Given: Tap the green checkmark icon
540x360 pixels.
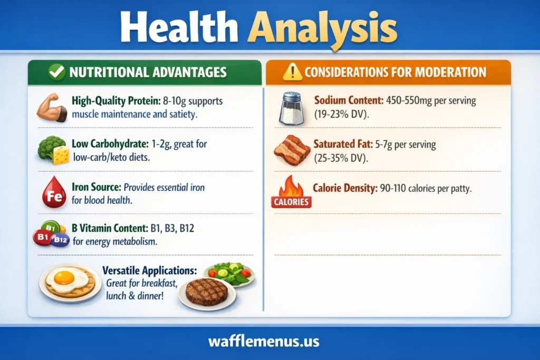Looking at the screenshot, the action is point(57,72).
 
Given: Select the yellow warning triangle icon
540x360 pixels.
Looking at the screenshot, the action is point(292,72).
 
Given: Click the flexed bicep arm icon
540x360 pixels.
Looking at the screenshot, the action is point(52,108).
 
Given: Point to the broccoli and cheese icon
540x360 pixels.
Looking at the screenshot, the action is point(53,150).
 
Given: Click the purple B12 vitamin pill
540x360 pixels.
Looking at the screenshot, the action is point(61,239).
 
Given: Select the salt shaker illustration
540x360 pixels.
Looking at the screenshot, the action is point(291,108).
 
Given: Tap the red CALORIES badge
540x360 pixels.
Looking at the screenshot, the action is point(291,202).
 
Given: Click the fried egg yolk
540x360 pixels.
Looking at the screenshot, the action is point(64,277).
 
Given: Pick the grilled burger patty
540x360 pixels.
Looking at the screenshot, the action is point(207,292).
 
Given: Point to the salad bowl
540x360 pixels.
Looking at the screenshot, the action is point(229,274).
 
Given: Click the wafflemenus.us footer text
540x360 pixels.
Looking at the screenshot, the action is point(264,342).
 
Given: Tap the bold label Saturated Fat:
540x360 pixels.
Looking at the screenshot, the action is point(343,144).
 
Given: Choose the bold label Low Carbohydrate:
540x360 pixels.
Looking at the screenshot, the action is point(110,143).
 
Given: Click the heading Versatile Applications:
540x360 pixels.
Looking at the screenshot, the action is point(149,270).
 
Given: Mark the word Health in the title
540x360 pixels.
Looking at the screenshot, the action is point(179,27).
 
